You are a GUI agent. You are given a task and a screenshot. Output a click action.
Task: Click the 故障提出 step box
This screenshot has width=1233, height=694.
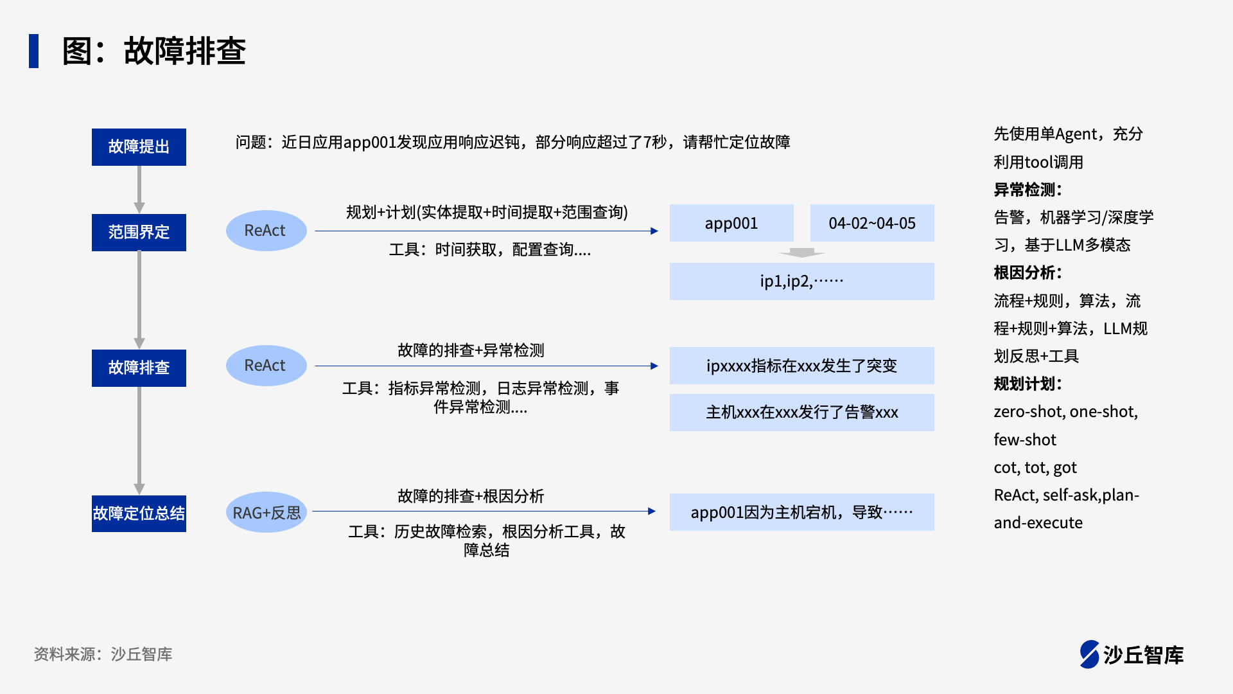tap(139, 147)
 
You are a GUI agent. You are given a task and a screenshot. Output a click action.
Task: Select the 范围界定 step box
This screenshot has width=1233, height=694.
tap(139, 232)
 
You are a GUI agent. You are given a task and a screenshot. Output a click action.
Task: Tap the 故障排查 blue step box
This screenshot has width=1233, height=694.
tap(139, 368)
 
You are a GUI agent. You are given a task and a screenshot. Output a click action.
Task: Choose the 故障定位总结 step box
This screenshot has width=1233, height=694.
tap(139, 513)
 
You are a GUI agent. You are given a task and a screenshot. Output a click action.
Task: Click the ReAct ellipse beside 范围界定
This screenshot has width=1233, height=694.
tap(266, 231)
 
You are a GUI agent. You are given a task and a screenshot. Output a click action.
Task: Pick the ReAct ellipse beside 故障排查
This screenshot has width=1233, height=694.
tap(266, 366)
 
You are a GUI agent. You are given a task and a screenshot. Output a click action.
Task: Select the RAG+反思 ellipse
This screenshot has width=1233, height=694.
tap(266, 513)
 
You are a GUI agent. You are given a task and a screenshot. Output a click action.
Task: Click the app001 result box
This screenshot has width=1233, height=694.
tap(731, 223)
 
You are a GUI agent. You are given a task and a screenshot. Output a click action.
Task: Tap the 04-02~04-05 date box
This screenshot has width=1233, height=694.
tap(871, 223)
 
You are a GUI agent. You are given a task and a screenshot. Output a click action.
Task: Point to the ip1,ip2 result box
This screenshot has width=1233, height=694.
tap(801, 281)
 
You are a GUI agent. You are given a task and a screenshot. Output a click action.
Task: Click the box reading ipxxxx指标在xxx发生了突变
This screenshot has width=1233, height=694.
tap(801, 366)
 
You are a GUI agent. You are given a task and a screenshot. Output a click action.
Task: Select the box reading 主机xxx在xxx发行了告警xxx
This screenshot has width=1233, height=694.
tap(801, 412)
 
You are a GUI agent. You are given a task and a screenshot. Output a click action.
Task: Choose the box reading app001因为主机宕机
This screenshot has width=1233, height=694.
tap(801, 512)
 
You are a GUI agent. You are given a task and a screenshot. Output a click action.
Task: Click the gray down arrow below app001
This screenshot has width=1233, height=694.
tap(801, 253)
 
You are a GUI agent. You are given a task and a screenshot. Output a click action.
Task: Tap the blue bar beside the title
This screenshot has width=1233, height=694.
tap(34, 51)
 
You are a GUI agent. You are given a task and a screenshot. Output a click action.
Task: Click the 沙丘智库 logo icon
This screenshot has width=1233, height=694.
tap(1090, 654)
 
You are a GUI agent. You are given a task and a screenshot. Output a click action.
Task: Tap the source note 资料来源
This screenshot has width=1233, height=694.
tap(103, 654)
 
